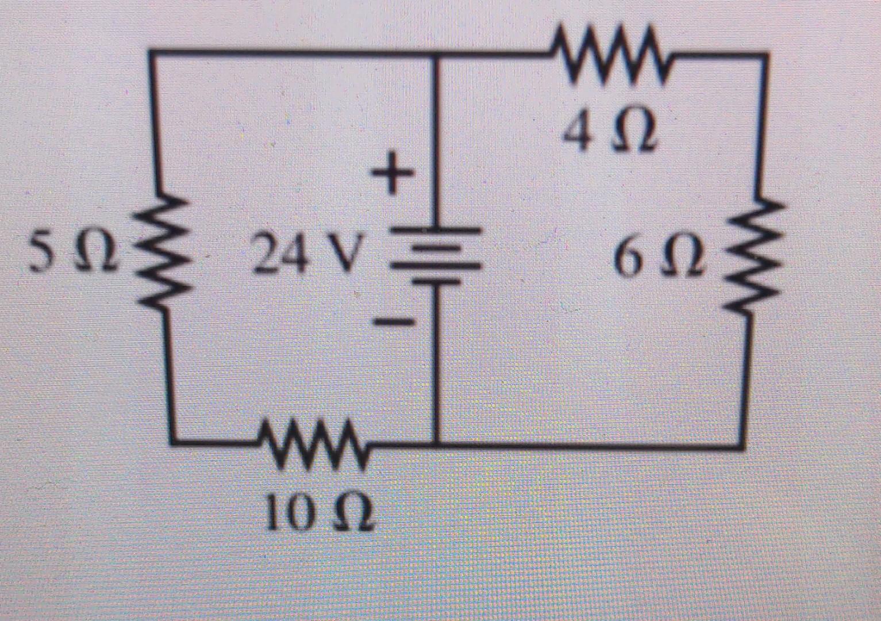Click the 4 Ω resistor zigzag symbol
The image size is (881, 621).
coord(610,56)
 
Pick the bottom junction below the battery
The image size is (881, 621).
coord(437,443)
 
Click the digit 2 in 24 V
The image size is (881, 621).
coord(267,256)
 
